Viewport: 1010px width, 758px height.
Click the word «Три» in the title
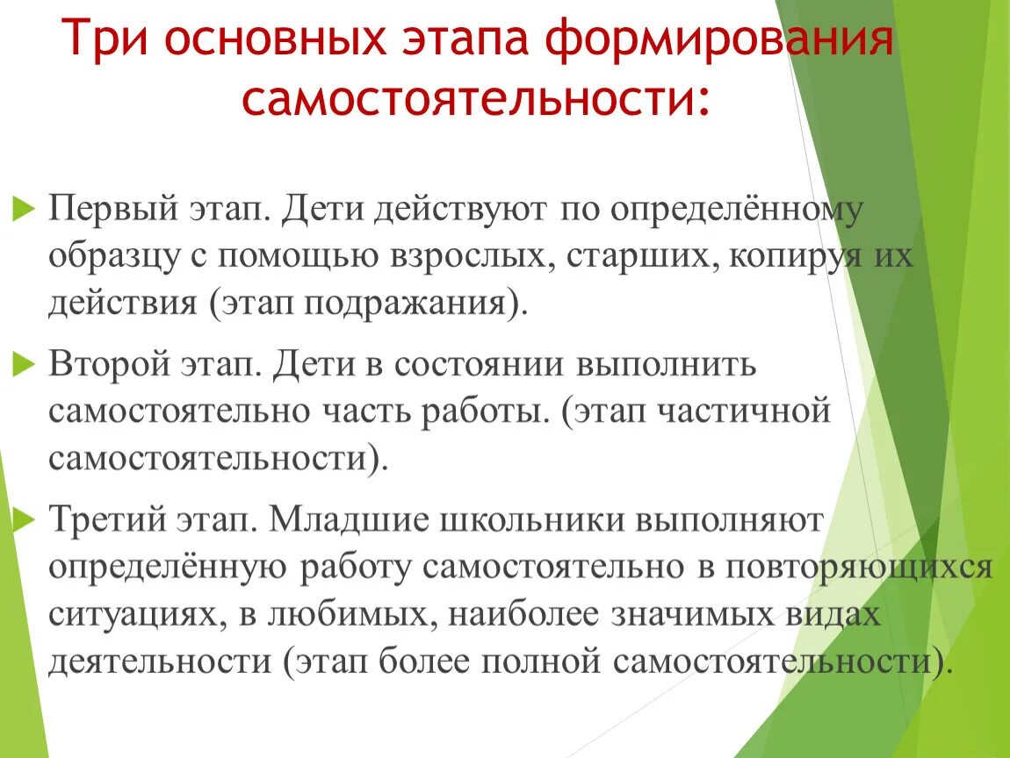click(104, 42)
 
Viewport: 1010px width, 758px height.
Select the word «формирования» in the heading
click(712, 42)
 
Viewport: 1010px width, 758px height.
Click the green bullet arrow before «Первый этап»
click(22, 211)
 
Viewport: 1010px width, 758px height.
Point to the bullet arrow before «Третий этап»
click(22, 520)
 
